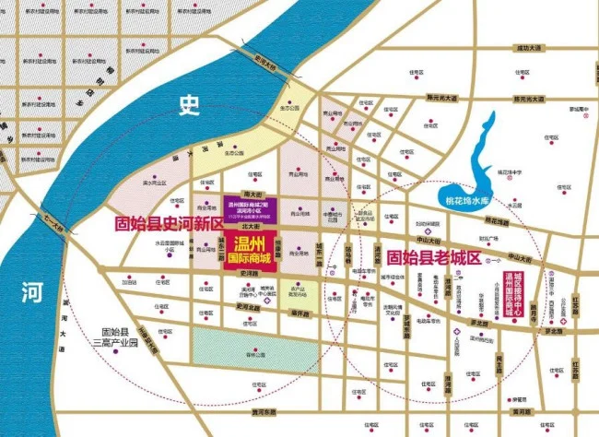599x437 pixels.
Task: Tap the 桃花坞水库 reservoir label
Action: [x=466, y=199]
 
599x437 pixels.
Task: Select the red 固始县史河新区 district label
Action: [x=169, y=224]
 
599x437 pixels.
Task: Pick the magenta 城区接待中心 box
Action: [x=521, y=294]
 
